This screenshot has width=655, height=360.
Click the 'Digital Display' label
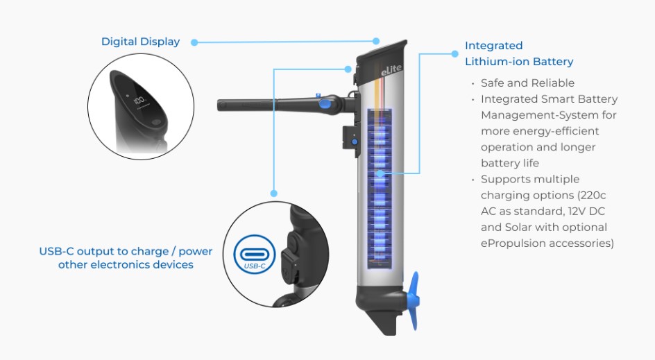140,42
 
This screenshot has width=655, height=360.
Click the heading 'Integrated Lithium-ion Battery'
518,53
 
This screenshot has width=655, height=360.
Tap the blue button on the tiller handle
325,104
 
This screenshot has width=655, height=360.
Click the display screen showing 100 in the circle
139,102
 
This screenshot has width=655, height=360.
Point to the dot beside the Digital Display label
194,42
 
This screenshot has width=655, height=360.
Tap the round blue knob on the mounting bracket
354,142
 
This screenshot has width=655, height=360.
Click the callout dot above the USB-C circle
275,194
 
